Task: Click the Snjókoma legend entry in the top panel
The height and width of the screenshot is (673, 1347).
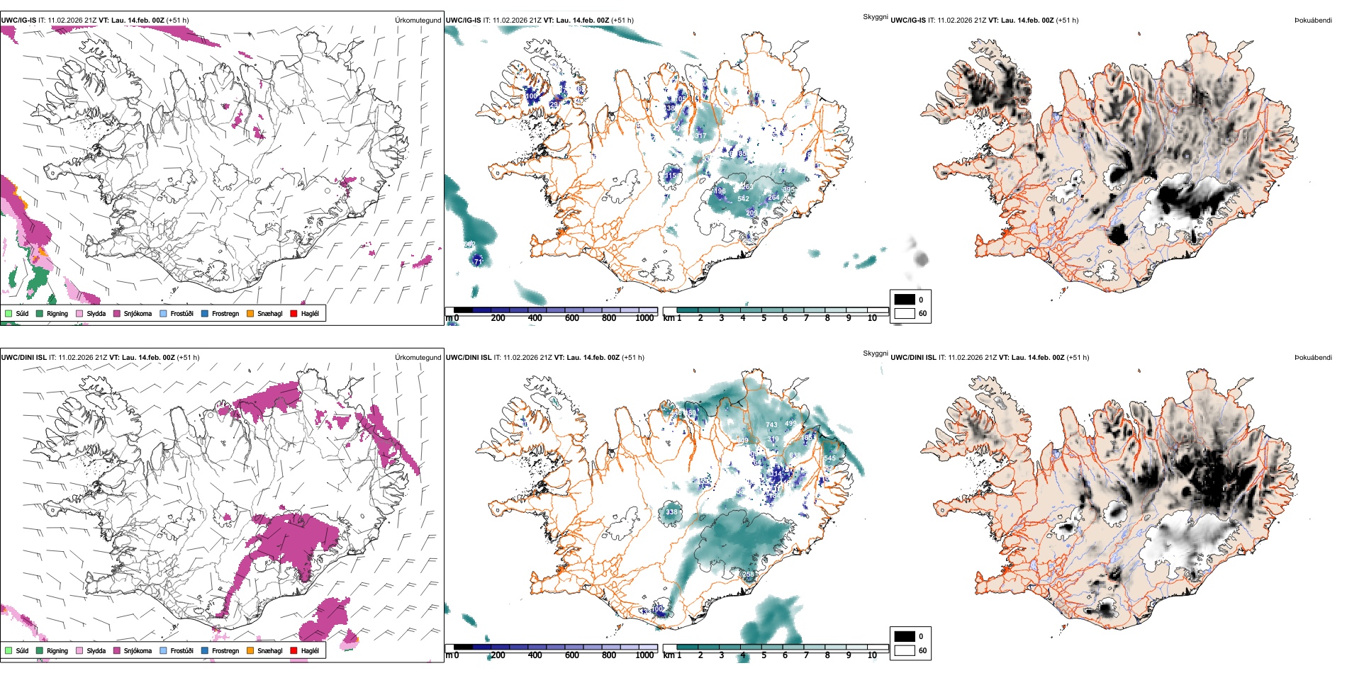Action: click(x=138, y=313)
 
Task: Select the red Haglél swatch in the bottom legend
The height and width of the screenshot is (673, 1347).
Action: click(x=294, y=650)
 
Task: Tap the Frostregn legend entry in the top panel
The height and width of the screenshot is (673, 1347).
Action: click(x=225, y=313)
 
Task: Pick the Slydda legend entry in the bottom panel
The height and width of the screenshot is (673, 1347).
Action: click(x=96, y=650)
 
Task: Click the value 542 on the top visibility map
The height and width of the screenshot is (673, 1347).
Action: click(x=743, y=198)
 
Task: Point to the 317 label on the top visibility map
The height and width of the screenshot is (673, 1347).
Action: click(x=700, y=135)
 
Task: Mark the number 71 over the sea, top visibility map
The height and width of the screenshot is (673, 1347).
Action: click(x=478, y=261)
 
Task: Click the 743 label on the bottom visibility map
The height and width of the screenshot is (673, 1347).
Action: click(x=771, y=425)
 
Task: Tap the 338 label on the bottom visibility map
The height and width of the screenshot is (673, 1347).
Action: click(x=671, y=511)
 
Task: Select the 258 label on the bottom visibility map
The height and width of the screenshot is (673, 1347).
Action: click(x=749, y=575)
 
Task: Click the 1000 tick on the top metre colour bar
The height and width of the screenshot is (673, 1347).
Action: click(x=644, y=318)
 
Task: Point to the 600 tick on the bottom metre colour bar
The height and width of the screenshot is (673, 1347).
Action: click(x=572, y=655)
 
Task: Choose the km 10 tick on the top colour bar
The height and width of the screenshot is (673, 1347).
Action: click(x=872, y=318)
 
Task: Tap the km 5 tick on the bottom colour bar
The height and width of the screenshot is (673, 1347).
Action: click(x=764, y=655)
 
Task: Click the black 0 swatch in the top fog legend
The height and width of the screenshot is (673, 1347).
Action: click(x=904, y=300)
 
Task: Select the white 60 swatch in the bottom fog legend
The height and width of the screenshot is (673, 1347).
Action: click(x=904, y=650)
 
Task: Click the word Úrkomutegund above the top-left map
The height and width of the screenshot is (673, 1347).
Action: click(x=418, y=21)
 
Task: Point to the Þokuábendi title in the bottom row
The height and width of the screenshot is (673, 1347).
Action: click(x=1313, y=358)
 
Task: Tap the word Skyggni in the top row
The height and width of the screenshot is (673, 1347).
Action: click(x=875, y=17)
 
